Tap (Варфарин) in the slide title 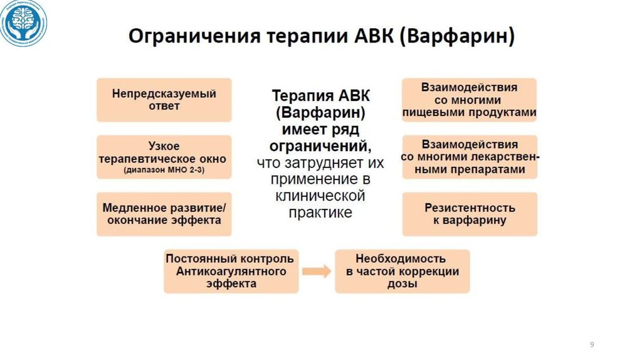(461, 36)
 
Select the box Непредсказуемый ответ (164, 100)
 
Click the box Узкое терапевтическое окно (164, 157)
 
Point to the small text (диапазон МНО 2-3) (164, 171)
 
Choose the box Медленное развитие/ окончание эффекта (164, 214)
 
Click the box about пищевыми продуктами (469, 100)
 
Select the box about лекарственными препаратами (469, 157)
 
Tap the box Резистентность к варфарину (469, 214)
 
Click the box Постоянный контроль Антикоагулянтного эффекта (231, 271)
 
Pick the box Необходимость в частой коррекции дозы (402, 271)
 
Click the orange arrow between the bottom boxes (317, 272)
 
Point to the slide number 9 (591, 346)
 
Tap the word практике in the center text (320, 213)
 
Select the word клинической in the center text (320, 196)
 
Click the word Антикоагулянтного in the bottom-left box (231, 272)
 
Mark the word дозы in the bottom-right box (402, 284)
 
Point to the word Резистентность (469, 208)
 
